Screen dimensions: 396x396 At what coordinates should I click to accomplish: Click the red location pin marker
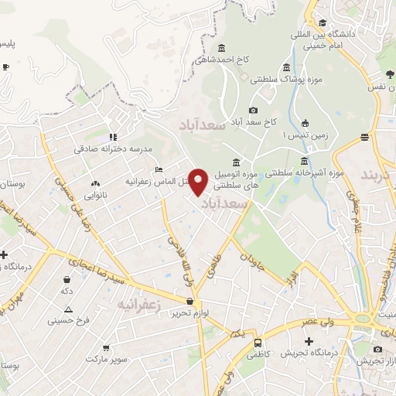[199, 181]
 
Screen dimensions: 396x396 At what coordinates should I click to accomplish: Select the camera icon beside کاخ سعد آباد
[253, 111]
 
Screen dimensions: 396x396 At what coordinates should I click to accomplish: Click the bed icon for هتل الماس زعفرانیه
[159, 170]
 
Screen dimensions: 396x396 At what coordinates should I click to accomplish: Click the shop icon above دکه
[68, 279]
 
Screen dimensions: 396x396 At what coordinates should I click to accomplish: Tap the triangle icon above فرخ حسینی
[68, 309]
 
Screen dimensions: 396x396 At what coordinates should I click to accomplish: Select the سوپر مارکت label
[104, 360]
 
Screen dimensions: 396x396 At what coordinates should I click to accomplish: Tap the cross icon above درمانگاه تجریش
[309, 341]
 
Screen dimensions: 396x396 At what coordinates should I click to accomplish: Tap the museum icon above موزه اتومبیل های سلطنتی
[235, 162]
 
